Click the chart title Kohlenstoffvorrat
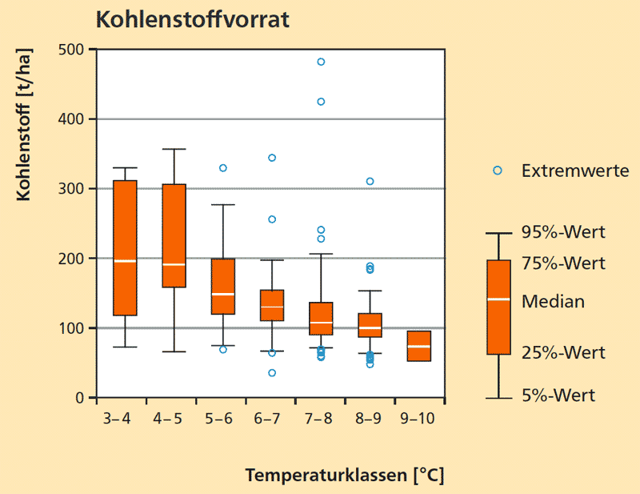point(192,20)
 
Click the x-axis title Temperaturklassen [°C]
point(344,475)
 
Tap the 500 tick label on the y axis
point(73,50)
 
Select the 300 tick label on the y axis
point(73,189)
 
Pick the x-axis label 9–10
point(419,419)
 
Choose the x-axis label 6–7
point(271,419)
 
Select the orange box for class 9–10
point(419,346)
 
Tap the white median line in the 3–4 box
point(125,261)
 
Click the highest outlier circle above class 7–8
point(321,62)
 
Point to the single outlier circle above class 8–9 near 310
point(370,181)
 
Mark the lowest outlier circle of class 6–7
point(272,373)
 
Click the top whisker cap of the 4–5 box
point(174,149)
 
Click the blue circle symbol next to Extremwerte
point(498,171)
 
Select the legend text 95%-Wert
point(563,233)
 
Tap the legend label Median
point(553,302)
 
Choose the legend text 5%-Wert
point(558,396)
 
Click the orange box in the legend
point(499,307)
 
